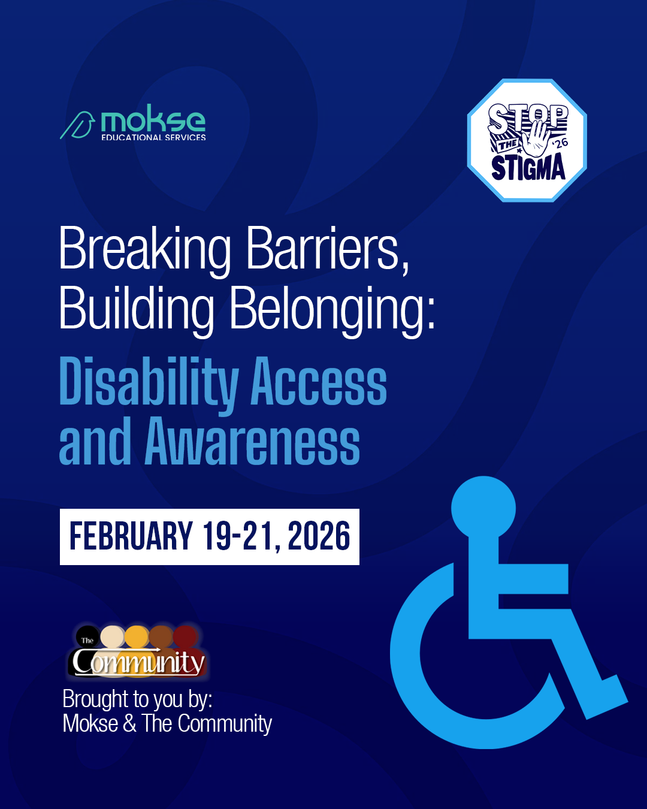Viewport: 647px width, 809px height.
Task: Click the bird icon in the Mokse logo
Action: point(78,125)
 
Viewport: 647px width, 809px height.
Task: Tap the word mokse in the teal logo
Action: point(153,121)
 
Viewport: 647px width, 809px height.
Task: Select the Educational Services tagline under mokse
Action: point(153,137)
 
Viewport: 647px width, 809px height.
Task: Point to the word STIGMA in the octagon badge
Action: point(528,167)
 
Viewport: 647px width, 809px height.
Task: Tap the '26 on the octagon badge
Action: point(560,143)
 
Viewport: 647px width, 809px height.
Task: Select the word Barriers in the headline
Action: point(328,249)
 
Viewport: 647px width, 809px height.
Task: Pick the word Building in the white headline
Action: point(137,309)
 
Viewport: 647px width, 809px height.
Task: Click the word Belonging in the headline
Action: point(332,309)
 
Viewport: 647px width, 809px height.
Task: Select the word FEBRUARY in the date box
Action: point(131,536)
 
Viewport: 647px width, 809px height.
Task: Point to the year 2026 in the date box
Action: point(319,536)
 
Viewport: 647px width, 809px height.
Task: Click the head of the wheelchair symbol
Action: point(483,508)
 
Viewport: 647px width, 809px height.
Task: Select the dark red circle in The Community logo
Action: point(186,636)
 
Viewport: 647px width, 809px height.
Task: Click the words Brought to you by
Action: point(137,699)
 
